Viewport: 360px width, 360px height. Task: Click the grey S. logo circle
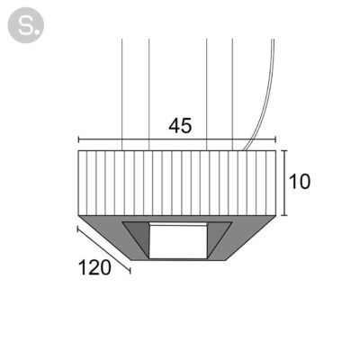point(26,25)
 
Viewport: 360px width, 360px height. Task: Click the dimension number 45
point(180,126)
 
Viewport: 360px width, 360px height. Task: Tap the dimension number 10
point(300,182)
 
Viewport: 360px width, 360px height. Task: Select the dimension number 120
point(94,267)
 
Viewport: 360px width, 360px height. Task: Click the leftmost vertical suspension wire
point(121,94)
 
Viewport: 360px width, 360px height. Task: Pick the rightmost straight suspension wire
point(232,94)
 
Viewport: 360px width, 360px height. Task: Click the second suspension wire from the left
point(149,94)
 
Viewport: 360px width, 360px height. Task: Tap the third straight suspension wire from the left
point(207,94)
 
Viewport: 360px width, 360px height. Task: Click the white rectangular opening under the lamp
point(178,240)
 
